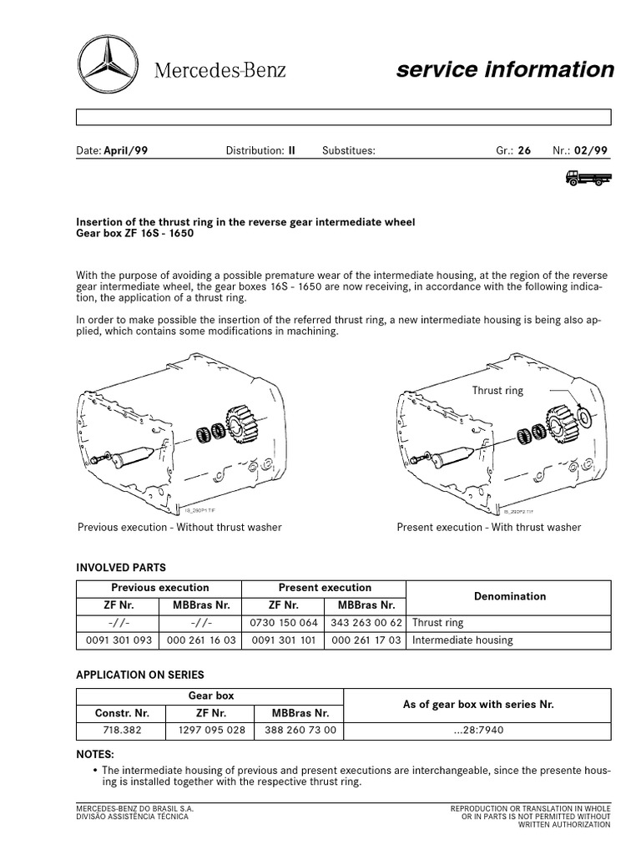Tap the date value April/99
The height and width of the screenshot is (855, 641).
coord(126,151)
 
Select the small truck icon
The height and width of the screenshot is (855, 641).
coord(588,176)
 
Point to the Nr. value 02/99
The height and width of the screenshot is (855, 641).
coord(592,151)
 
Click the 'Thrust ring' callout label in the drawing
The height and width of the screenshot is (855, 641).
coord(497,391)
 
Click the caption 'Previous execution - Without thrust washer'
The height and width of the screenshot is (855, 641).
coord(179,527)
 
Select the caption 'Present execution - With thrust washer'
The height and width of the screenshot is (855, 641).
coord(489,527)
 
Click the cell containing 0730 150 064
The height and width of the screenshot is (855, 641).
coord(283,623)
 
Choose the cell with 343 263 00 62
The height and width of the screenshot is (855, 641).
coord(366,623)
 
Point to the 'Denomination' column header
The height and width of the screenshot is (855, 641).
coord(509,596)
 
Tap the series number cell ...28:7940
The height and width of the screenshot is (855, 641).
coord(478,731)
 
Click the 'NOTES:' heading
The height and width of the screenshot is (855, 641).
coord(94,753)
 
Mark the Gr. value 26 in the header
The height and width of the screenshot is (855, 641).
coord(524,151)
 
